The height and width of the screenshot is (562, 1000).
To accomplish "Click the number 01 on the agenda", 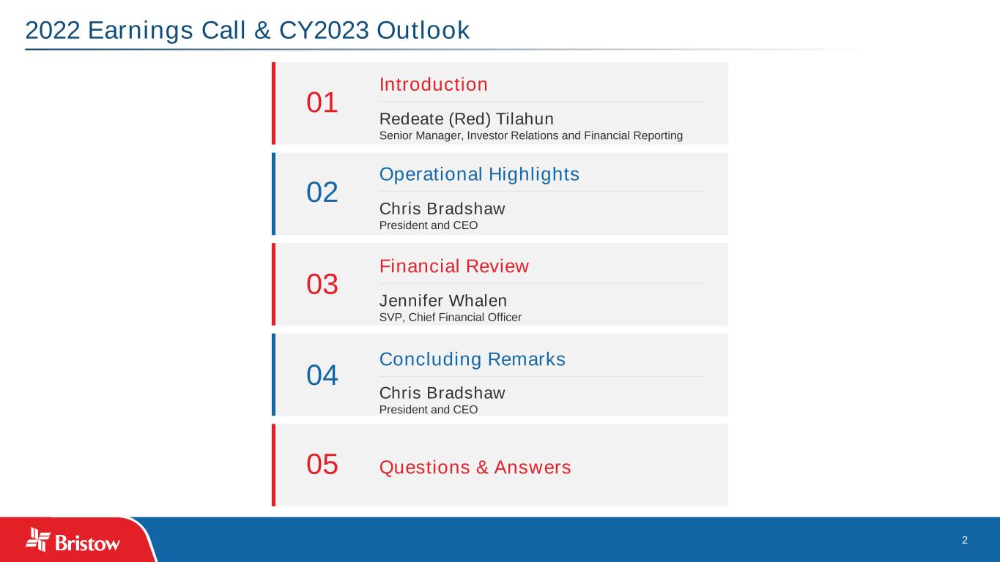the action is (322, 102).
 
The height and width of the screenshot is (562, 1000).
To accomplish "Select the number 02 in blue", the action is (322, 192).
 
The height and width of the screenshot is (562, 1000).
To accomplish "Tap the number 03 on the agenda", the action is (322, 284).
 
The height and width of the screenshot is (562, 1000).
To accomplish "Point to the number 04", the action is (322, 375).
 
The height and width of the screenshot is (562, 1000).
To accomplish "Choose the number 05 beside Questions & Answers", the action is (322, 464).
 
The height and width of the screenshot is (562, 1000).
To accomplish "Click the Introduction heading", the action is (434, 84).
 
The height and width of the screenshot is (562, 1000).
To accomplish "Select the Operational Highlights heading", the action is (479, 174).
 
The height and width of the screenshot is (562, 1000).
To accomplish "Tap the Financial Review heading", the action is (454, 266).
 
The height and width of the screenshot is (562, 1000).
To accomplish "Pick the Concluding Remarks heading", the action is (473, 359).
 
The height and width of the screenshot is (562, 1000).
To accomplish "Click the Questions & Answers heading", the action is (475, 467).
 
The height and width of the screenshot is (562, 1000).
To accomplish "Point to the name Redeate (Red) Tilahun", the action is (467, 119).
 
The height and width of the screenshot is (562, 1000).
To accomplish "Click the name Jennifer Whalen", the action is (443, 301).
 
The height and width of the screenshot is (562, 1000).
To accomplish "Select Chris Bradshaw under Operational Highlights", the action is (442, 209).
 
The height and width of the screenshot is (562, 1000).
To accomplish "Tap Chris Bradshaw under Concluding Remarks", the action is (442, 393).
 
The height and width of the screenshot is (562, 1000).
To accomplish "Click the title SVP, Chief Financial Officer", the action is (451, 317).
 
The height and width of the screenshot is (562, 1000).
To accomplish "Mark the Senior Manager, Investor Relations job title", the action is (531, 135).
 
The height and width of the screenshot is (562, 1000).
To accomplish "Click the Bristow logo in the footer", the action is (73, 540).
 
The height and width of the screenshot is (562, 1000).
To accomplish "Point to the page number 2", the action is (965, 540).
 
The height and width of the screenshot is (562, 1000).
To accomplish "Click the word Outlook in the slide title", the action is (423, 30).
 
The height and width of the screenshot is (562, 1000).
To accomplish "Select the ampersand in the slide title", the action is (262, 30).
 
